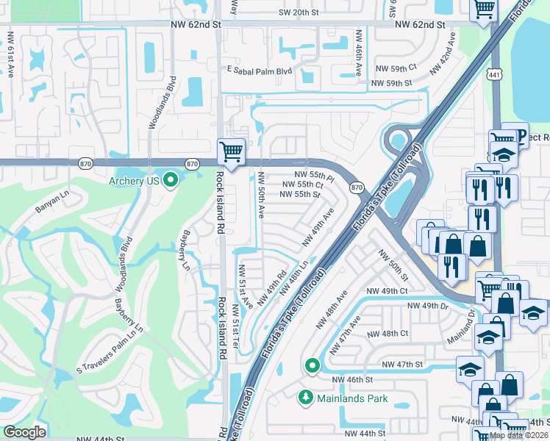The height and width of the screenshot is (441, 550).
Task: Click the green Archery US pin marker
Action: [x=171, y=179]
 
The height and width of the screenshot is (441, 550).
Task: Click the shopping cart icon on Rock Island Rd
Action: [x=231, y=151]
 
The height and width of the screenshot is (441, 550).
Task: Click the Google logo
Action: [x=24, y=432]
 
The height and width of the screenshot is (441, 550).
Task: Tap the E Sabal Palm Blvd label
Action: [x=260, y=71]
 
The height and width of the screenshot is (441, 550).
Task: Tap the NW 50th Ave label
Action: [x=261, y=195]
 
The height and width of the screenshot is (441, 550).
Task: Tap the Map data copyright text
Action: [x=518, y=435]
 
